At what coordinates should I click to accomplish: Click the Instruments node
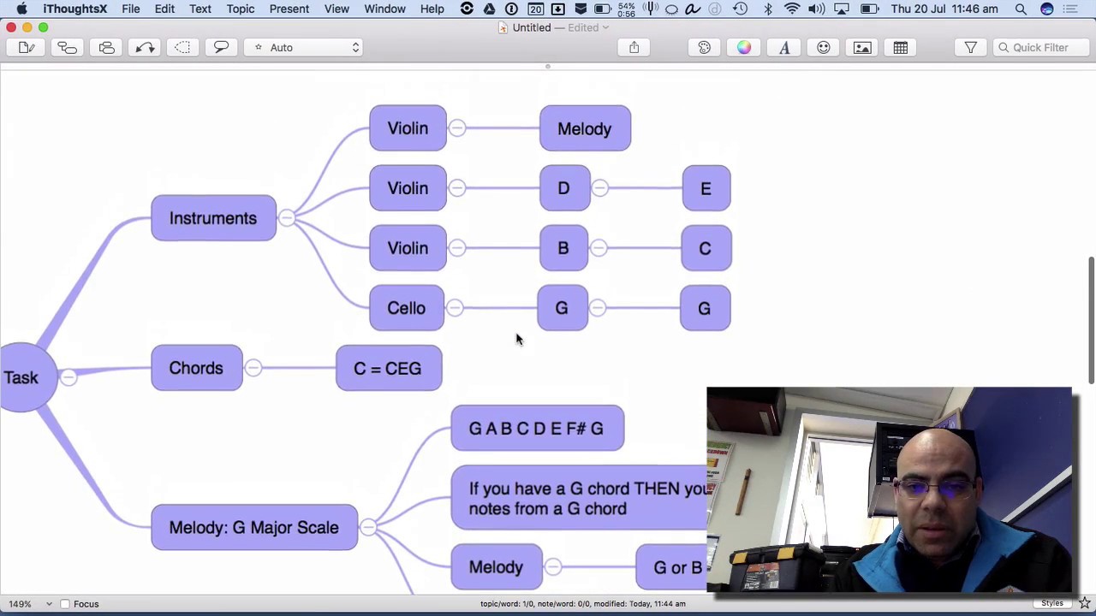tap(213, 218)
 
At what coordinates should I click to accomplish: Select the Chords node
tap(196, 368)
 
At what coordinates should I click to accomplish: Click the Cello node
tap(407, 308)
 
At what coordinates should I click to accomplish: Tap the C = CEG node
tap(389, 369)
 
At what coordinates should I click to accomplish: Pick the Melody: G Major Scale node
tap(254, 527)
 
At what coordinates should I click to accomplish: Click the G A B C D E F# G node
tap(537, 428)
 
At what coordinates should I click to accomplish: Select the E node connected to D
tap(706, 188)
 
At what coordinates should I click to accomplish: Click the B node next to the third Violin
tap(563, 248)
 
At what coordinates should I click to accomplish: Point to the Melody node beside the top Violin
tap(585, 128)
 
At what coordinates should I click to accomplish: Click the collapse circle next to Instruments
tap(287, 218)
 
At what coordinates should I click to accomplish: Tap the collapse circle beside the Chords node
tap(253, 368)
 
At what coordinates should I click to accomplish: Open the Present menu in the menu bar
tap(289, 9)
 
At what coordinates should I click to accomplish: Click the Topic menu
tap(241, 9)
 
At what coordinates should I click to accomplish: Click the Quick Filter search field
tap(1039, 48)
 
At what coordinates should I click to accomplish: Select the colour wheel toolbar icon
tap(744, 48)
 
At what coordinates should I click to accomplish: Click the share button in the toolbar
tap(634, 48)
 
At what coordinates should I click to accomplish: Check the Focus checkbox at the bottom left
tap(65, 604)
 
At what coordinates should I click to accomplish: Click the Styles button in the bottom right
tap(1052, 604)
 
